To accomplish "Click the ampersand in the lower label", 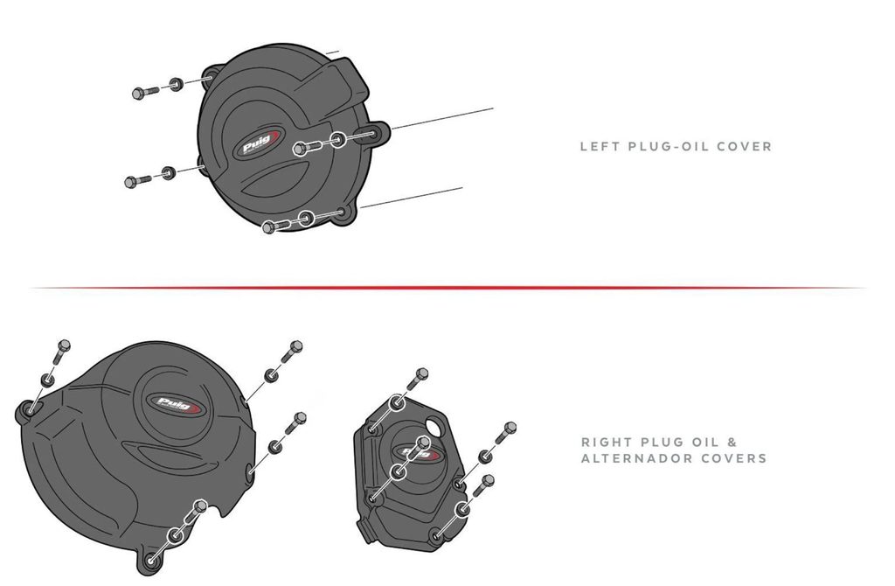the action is (x=732, y=442).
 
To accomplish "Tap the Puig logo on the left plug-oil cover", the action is (x=257, y=143).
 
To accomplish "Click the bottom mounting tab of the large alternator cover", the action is (x=149, y=560).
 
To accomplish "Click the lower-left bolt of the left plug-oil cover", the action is (x=137, y=181).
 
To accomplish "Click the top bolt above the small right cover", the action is (x=417, y=381).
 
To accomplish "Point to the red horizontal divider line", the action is (x=447, y=288).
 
